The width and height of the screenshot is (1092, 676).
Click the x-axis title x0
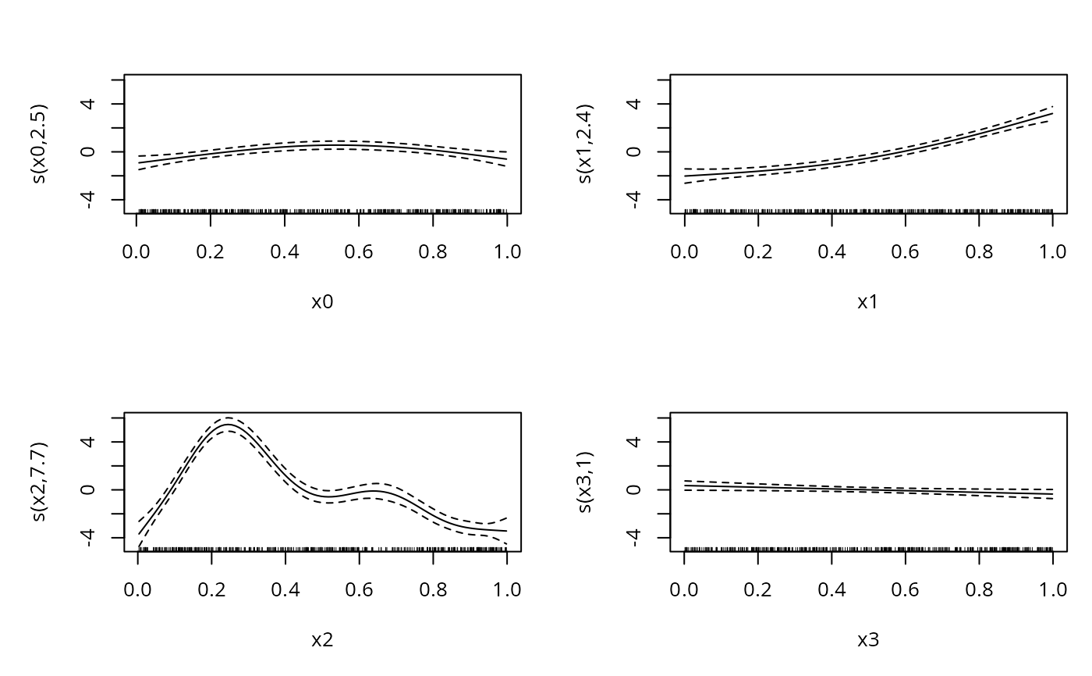[322, 302]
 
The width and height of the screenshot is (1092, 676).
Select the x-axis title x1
[868, 302]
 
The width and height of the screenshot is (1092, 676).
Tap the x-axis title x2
[322, 640]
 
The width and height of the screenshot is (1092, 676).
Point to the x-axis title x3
[868, 640]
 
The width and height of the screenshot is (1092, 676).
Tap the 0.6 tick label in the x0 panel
[359, 251]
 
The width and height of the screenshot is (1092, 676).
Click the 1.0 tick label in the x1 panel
[1052, 251]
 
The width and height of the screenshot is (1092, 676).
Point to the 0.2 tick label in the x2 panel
[211, 589]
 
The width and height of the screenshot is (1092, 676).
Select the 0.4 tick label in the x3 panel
[831, 589]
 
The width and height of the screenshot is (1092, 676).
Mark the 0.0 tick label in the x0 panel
[137, 251]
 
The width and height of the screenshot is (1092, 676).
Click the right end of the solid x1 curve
[1052, 113]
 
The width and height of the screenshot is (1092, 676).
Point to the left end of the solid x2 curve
[138, 534]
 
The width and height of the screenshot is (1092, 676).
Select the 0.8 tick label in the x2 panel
[433, 589]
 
